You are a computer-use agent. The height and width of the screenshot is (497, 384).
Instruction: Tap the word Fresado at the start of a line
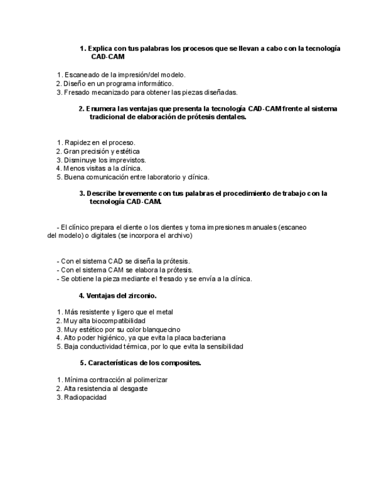pyautogui.click(x=76, y=92)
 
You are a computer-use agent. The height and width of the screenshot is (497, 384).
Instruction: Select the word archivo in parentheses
pyautogui.click(x=179, y=236)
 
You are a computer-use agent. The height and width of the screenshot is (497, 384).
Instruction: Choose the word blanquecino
pyautogui.click(x=159, y=329)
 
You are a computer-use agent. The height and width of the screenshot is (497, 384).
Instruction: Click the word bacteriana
pyautogui.click(x=205, y=338)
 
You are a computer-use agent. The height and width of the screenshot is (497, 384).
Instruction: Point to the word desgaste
pyautogui.click(x=134, y=389)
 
